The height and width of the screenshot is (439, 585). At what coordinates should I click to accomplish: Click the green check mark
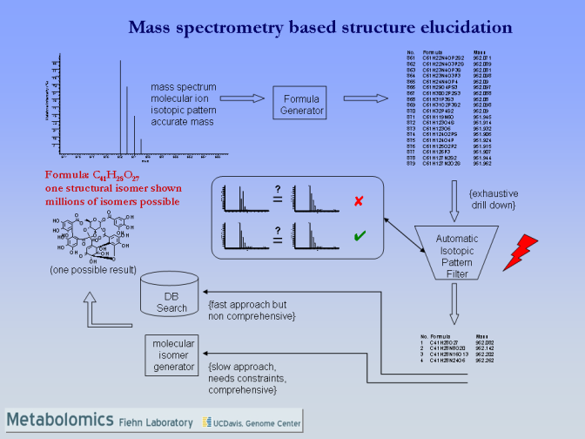[x=358, y=235]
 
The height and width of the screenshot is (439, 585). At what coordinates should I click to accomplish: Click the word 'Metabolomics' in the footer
[x=59, y=421]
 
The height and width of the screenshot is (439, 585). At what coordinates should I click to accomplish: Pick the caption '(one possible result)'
[x=91, y=269]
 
